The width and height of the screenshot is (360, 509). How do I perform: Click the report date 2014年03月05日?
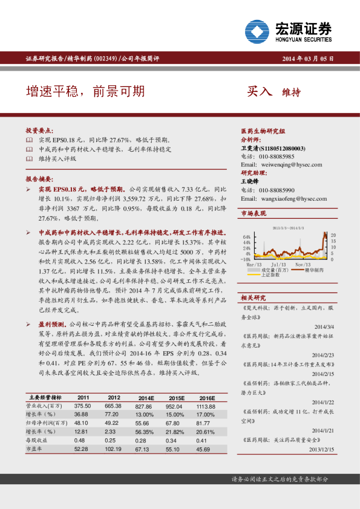307,59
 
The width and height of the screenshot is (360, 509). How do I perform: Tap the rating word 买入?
260,92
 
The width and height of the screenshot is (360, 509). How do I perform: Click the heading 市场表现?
253,213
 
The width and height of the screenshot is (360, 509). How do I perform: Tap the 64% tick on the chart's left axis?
246,236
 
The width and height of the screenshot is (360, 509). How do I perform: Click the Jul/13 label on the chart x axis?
279,265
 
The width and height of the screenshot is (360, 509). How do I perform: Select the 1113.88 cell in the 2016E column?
206,406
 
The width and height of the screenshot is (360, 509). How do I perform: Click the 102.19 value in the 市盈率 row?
114,449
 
